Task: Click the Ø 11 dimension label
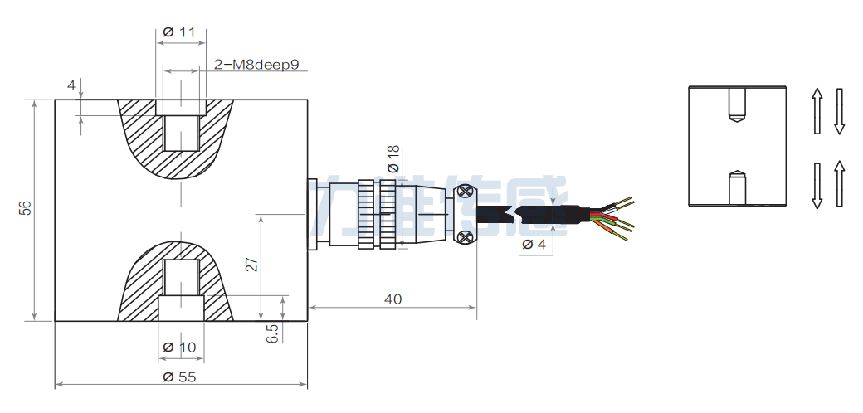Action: click(179, 32)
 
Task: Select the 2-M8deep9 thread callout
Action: click(256, 64)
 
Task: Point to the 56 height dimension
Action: click(26, 209)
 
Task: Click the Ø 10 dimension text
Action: click(179, 347)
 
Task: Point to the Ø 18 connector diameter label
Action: click(393, 158)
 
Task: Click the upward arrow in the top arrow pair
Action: click(817, 110)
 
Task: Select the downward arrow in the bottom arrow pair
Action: click(817, 185)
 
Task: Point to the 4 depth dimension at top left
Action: click(71, 85)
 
